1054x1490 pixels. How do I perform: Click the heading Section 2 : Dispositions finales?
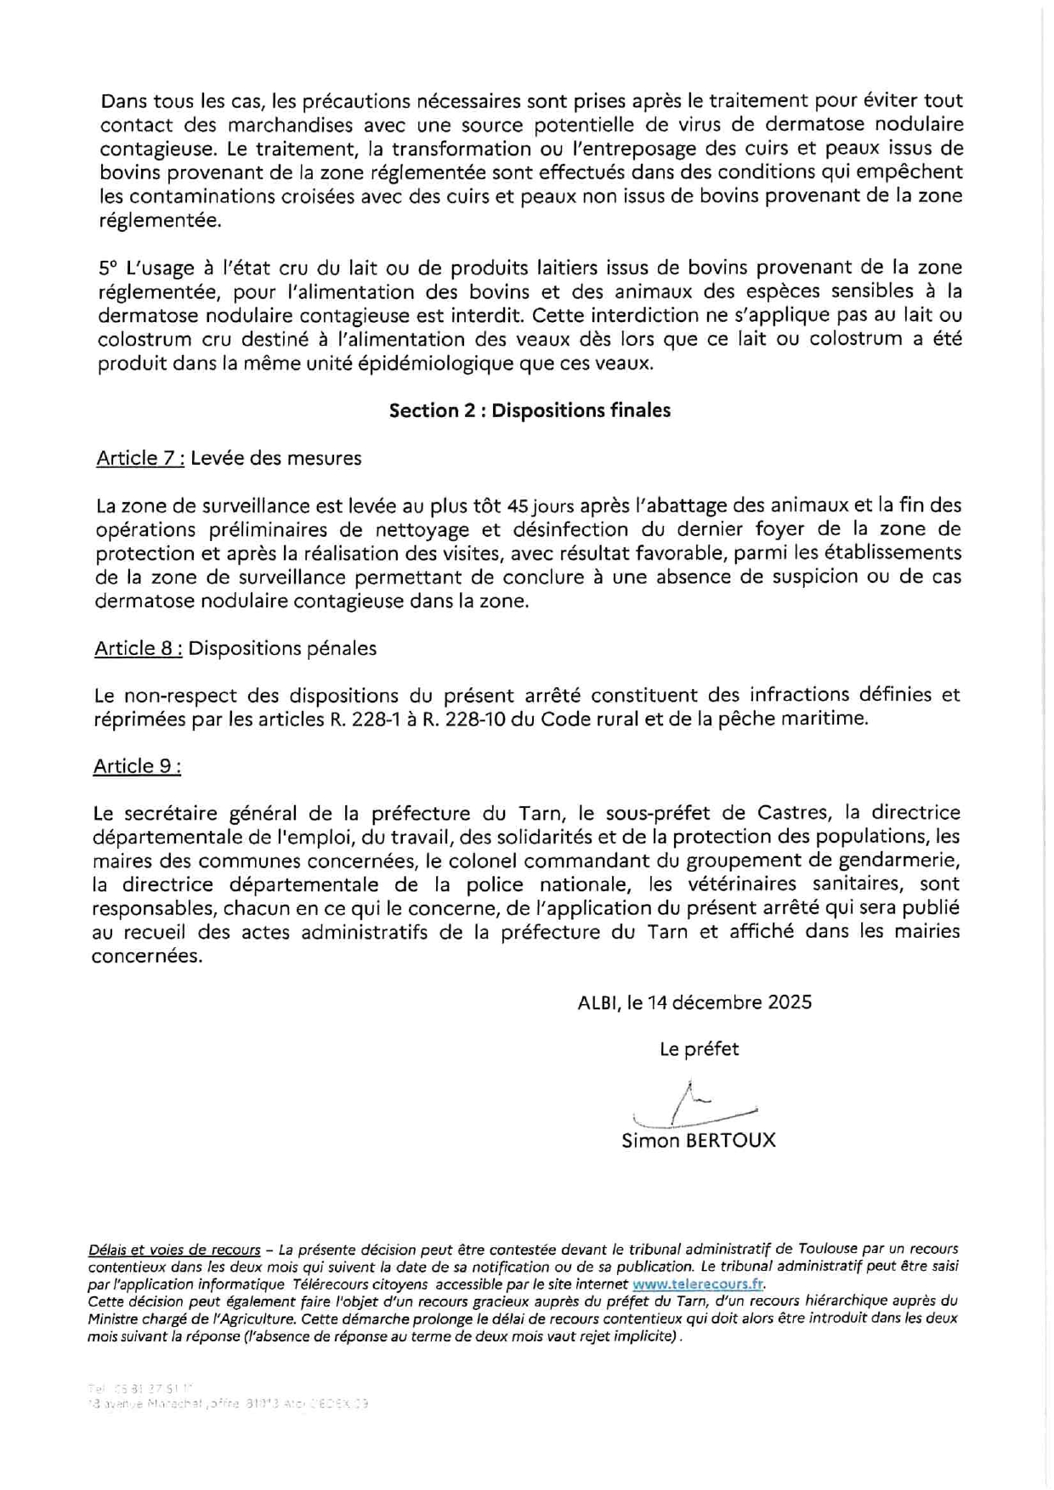pos(530,410)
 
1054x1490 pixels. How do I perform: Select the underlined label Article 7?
pos(140,458)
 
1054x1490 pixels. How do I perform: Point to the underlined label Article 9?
pos(136,765)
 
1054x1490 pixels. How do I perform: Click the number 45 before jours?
pos(518,506)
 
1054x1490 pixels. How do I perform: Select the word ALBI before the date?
pos(597,1002)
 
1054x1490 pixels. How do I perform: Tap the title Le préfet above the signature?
pos(699,1049)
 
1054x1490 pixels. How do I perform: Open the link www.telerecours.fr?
pos(698,1284)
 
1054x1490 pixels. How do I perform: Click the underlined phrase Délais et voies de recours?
pos(174,1250)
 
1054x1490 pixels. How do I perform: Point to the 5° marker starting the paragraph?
pos(108,268)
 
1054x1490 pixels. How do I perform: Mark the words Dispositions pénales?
pos(282,648)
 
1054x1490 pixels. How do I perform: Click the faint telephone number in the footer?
pos(140,1387)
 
